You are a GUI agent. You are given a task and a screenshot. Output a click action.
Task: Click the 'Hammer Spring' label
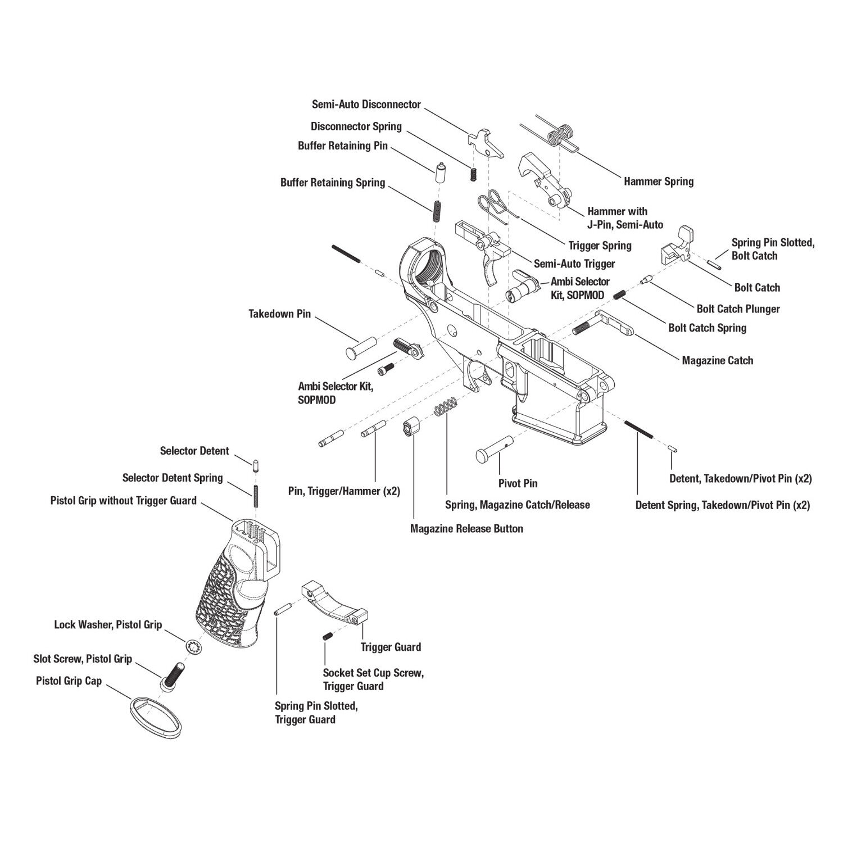pos(658,182)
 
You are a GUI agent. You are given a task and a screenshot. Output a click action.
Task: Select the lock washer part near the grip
pos(194,647)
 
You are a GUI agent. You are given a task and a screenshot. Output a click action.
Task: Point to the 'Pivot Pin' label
pos(518,483)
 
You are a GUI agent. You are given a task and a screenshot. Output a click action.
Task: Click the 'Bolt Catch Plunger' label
pos(738,309)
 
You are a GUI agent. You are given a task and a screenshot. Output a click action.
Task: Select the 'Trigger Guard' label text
pos(391,647)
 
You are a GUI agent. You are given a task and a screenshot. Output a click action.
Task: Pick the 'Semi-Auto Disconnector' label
pos(366,105)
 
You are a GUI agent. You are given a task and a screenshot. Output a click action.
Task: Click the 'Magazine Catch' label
pos(717,360)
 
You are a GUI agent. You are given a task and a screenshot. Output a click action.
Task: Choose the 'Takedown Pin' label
pos(279,314)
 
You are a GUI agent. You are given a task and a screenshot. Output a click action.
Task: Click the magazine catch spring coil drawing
pos(447,406)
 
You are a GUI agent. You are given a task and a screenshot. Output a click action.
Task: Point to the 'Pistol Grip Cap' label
pos(69,681)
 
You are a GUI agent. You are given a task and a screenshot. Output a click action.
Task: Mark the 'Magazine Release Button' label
pos(466,528)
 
